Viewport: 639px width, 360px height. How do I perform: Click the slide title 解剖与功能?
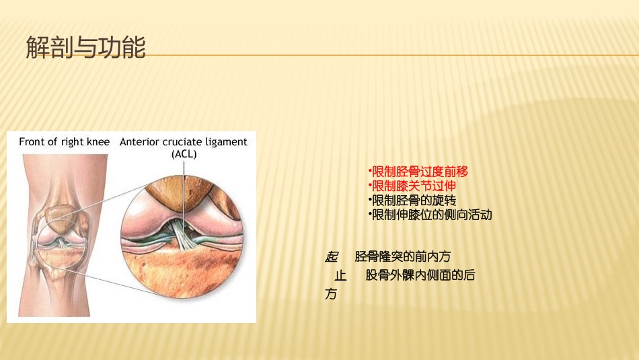click(85, 47)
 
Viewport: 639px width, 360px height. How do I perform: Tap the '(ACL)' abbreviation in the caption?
click(184, 153)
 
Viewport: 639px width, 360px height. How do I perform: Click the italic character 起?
click(331, 256)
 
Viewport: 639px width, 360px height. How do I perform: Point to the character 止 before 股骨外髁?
click(340, 275)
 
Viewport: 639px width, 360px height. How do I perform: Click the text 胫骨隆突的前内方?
click(402, 256)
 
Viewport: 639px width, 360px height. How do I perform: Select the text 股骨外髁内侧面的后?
click(420, 275)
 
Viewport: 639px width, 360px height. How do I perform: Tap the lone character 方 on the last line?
click(331, 295)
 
